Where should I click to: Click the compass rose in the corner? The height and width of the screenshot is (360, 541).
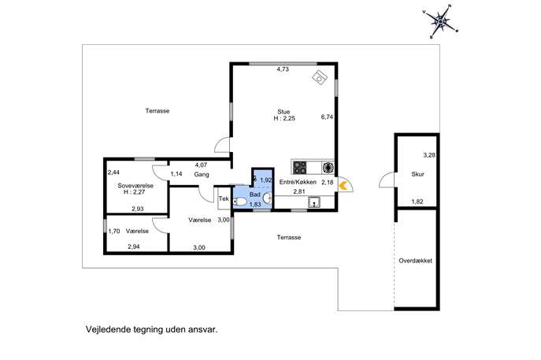point(441,22)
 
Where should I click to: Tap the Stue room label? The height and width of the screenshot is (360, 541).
point(283,112)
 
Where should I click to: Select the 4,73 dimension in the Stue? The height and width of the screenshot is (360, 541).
point(283,69)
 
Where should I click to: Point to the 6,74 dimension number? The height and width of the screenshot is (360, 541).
point(327,117)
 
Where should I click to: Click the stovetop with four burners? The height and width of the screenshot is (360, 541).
point(300,168)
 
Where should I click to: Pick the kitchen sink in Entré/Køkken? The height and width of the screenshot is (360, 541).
point(314,202)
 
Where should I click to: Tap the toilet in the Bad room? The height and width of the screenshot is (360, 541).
point(240,202)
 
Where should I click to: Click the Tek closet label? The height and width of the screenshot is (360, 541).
point(224,199)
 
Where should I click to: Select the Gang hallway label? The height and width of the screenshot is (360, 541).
point(202,175)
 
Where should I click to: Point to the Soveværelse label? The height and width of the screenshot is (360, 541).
point(135,186)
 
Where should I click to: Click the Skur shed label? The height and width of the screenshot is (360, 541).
point(417,174)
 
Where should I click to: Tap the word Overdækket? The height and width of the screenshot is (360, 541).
point(416,261)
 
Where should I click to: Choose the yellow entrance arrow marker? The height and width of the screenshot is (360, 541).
point(343,186)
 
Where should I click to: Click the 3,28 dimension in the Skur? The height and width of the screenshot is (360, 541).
point(429,155)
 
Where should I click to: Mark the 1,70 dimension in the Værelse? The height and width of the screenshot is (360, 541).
point(114,232)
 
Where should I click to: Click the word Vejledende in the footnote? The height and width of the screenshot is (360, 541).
point(108,329)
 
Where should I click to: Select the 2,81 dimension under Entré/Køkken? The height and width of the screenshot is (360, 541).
point(299,191)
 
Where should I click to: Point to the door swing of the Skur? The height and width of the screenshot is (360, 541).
point(387,180)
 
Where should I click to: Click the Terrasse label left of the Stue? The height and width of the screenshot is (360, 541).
point(157,111)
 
